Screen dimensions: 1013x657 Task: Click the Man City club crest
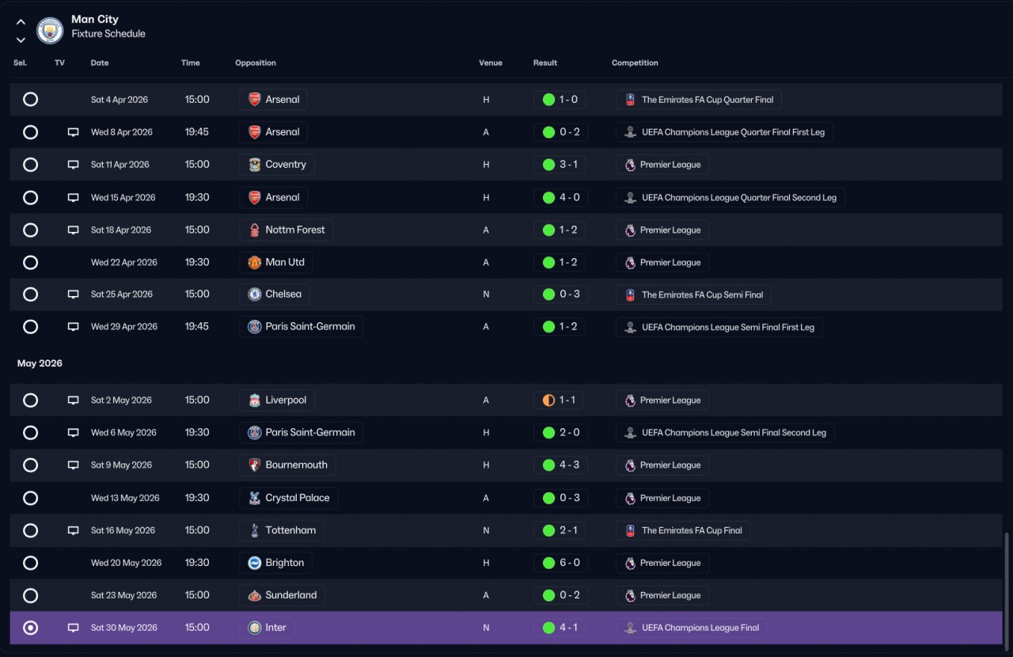(50, 30)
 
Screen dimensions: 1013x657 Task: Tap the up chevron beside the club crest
(21, 21)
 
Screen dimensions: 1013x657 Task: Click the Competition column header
(635, 63)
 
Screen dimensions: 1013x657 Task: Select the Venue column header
(490, 63)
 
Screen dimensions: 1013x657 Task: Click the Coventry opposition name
(286, 165)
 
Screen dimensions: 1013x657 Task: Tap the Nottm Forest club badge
(255, 230)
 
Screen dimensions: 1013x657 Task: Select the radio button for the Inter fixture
(30, 628)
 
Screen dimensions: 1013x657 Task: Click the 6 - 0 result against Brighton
(569, 563)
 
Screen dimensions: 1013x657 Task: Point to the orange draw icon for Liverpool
(548, 400)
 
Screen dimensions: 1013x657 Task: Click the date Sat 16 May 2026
(123, 530)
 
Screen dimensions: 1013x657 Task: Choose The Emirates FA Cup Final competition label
(692, 530)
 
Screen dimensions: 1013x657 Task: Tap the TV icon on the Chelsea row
(73, 294)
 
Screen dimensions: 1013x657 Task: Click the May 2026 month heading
(40, 363)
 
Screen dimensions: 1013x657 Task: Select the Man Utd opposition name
(285, 262)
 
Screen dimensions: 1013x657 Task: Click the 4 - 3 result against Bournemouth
(569, 465)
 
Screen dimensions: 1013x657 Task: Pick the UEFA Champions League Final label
(700, 628)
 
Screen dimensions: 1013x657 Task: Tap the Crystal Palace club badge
(255, 498)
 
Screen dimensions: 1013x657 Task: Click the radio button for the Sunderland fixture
(30, 595)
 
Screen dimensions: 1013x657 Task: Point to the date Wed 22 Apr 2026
(124, 263)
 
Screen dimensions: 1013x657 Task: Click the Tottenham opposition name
(290, 530)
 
